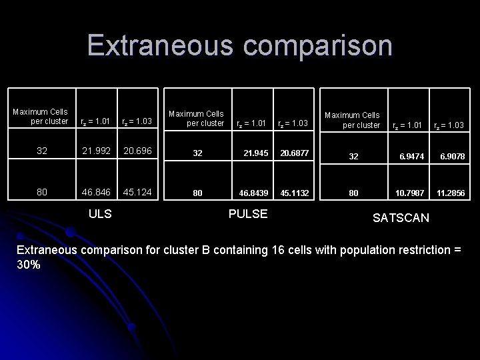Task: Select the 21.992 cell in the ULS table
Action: (x=96, y=151)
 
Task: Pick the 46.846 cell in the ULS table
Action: (x=96, y=191)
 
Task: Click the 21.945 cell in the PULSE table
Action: (x=254, y=153)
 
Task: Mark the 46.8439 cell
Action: (x=254, y=193)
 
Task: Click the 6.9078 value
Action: (x=451, y=157)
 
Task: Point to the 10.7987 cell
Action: (x=408, y=193)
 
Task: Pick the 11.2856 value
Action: (x=450, y=193)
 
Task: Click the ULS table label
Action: (x=100, y=214)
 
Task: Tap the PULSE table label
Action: (x=248, y=214)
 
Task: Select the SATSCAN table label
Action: (x=401, y=218)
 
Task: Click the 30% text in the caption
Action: (x=29, y=265)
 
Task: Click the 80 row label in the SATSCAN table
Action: (x=354, y=193)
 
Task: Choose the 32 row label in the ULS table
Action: (x=42, y=151)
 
